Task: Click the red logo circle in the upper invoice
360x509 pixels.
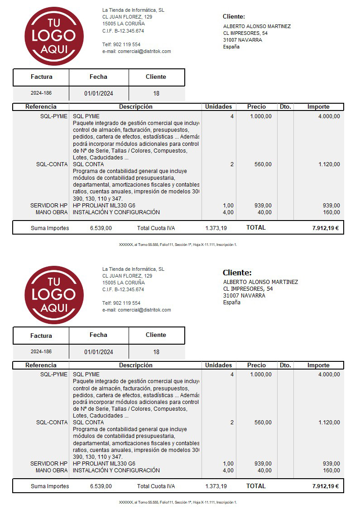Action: point(54,36)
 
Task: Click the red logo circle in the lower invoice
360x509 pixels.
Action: point(54,295)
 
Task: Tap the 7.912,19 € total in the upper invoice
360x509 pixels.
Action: point(325,228)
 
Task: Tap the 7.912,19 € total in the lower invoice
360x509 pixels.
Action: point(325,486)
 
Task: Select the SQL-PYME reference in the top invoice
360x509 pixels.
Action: point(53,116)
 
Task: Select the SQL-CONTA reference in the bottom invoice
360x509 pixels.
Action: point(52,423)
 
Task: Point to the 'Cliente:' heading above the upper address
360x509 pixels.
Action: point(234,17)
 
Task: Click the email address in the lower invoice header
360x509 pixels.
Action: point(137,310)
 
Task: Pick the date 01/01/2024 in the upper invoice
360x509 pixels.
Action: point(99,94)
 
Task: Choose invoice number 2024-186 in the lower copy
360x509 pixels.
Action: point(41,352)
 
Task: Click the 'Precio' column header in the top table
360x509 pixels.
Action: point(256,107)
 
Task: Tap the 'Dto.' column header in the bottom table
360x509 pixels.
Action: point(285,365)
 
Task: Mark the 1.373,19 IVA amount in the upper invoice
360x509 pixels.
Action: point(216,228)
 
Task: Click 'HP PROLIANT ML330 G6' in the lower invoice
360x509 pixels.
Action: point(104,464)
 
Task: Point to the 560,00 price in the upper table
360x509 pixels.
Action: point(263,164)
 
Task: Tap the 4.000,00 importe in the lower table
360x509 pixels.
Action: point(329,375)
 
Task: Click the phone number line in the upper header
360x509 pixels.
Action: point(121,44)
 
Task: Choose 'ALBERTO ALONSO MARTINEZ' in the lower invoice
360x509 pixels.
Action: point(260,282)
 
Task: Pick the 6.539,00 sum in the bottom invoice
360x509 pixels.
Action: point(101,486)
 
